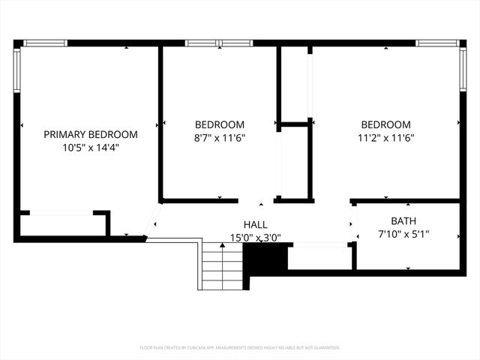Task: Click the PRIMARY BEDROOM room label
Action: coord(90,134)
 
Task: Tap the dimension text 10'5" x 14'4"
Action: coord(90,148)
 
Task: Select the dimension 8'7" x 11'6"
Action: coord(220,138)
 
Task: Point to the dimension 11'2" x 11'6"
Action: coord(385,138)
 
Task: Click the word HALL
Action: coord(255,224)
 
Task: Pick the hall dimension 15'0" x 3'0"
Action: coord(255,238)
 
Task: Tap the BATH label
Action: coord(403,221)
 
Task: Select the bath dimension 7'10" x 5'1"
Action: coord(403,235)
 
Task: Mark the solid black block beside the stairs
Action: coord(267,259)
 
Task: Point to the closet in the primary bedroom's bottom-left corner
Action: coord(61,223)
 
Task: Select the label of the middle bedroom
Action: coord(220,124)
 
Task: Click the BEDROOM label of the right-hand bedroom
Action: coord(385,124)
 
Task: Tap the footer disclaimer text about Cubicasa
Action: coord(240,348)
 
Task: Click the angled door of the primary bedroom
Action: coord(152,219)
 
